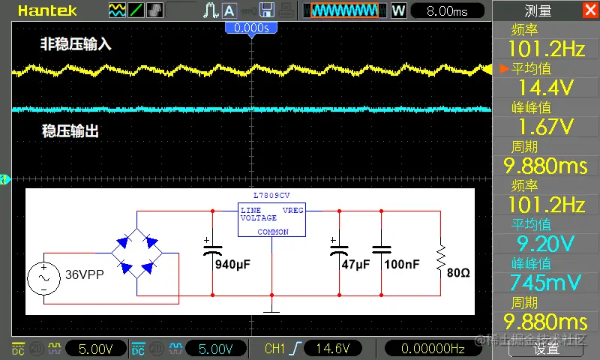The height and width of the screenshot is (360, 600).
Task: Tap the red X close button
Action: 589,10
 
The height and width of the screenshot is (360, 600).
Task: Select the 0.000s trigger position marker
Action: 251,27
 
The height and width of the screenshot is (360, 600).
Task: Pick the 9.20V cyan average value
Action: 545,244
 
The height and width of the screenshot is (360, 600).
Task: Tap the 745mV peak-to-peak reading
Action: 545,283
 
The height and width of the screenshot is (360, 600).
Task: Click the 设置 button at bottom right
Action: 546,349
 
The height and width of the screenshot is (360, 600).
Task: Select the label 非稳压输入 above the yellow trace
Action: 76,45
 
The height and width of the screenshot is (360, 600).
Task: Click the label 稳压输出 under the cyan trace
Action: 70,131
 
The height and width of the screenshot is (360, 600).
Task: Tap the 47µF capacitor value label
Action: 356,265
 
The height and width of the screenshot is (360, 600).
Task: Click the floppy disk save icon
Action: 265,10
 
